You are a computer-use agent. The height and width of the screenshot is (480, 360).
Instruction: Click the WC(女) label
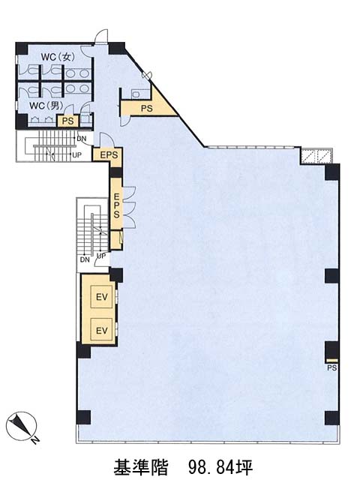pos(58,57)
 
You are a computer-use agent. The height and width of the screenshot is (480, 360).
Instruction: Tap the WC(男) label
pos(46,106)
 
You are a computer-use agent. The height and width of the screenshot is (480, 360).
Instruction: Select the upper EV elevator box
pos(102,297)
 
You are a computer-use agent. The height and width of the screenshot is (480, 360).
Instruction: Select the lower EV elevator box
pos(102,330)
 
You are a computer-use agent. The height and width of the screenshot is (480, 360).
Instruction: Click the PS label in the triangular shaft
pos(147,108)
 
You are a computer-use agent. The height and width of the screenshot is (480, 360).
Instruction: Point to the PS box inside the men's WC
pos(68,121)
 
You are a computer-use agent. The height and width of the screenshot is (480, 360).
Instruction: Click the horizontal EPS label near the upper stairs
pos(109,155)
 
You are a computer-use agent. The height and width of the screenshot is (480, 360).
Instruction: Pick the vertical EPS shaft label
pos(116,205)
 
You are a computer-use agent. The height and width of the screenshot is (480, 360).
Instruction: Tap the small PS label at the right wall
pos(332,367)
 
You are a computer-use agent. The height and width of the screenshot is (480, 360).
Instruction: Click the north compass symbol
pos(21,426)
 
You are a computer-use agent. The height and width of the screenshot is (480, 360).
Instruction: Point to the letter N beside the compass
pos(35,440)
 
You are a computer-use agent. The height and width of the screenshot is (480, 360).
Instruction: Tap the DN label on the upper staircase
pos(82,139)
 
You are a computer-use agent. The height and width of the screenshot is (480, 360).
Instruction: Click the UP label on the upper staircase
pos(76,155)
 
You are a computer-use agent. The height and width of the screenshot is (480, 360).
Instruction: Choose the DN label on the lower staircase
pos(85,259)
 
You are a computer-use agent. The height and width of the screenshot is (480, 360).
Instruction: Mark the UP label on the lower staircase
pos(101,256)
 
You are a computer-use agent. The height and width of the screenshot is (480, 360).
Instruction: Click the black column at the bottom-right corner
pos(332,418)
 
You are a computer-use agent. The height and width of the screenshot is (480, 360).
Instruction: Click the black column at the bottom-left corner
pos(83,417)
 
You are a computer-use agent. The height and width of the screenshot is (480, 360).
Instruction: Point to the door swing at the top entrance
pos(100,36)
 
